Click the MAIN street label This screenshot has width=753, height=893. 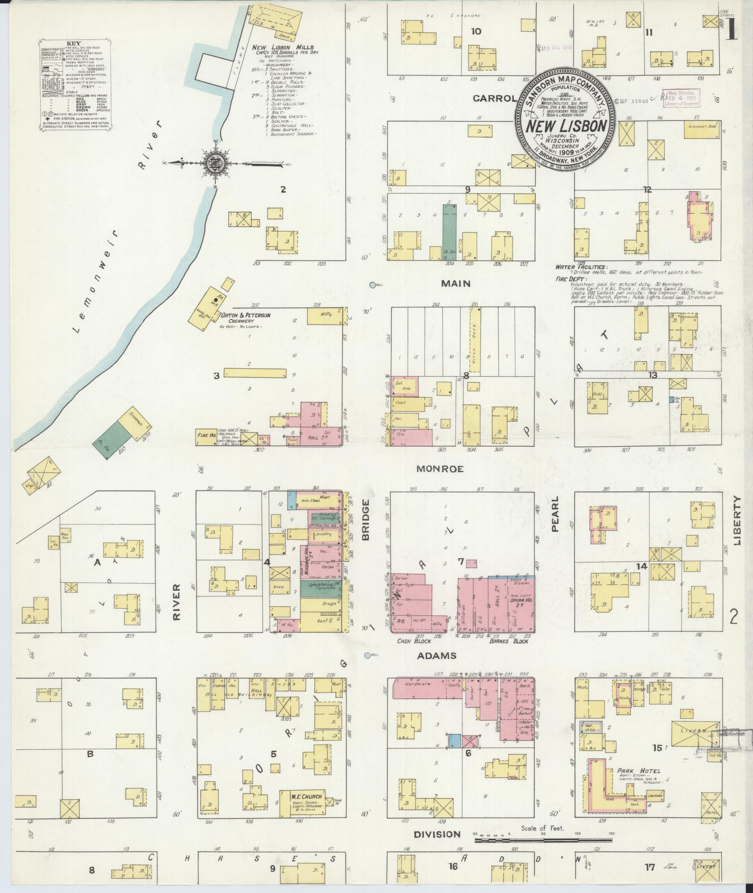coord(457,283)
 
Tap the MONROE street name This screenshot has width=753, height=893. coord(440,469)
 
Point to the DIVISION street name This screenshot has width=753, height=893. coord(437,834)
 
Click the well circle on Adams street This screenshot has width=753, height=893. coord(367,655)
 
